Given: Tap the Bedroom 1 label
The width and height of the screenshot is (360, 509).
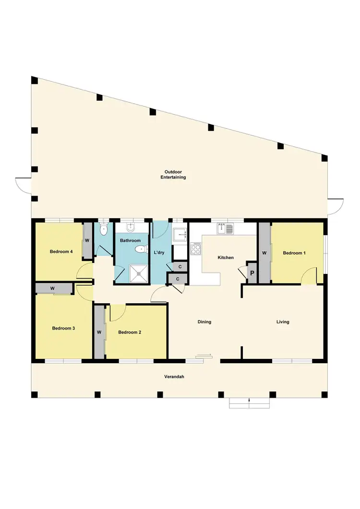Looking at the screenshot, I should click(294, 253).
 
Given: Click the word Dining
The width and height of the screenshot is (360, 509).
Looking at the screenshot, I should click(204, 322).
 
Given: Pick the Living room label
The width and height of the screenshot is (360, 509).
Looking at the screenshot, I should click(283, 322).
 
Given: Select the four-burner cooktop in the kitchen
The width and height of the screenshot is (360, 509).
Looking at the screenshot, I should click(196, 249).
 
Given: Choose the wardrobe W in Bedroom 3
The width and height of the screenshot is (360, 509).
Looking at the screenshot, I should click(52, 288).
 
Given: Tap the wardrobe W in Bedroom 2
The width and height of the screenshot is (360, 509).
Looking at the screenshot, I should click(99, 332).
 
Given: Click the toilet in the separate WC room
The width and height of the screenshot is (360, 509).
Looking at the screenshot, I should click(102, 229).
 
